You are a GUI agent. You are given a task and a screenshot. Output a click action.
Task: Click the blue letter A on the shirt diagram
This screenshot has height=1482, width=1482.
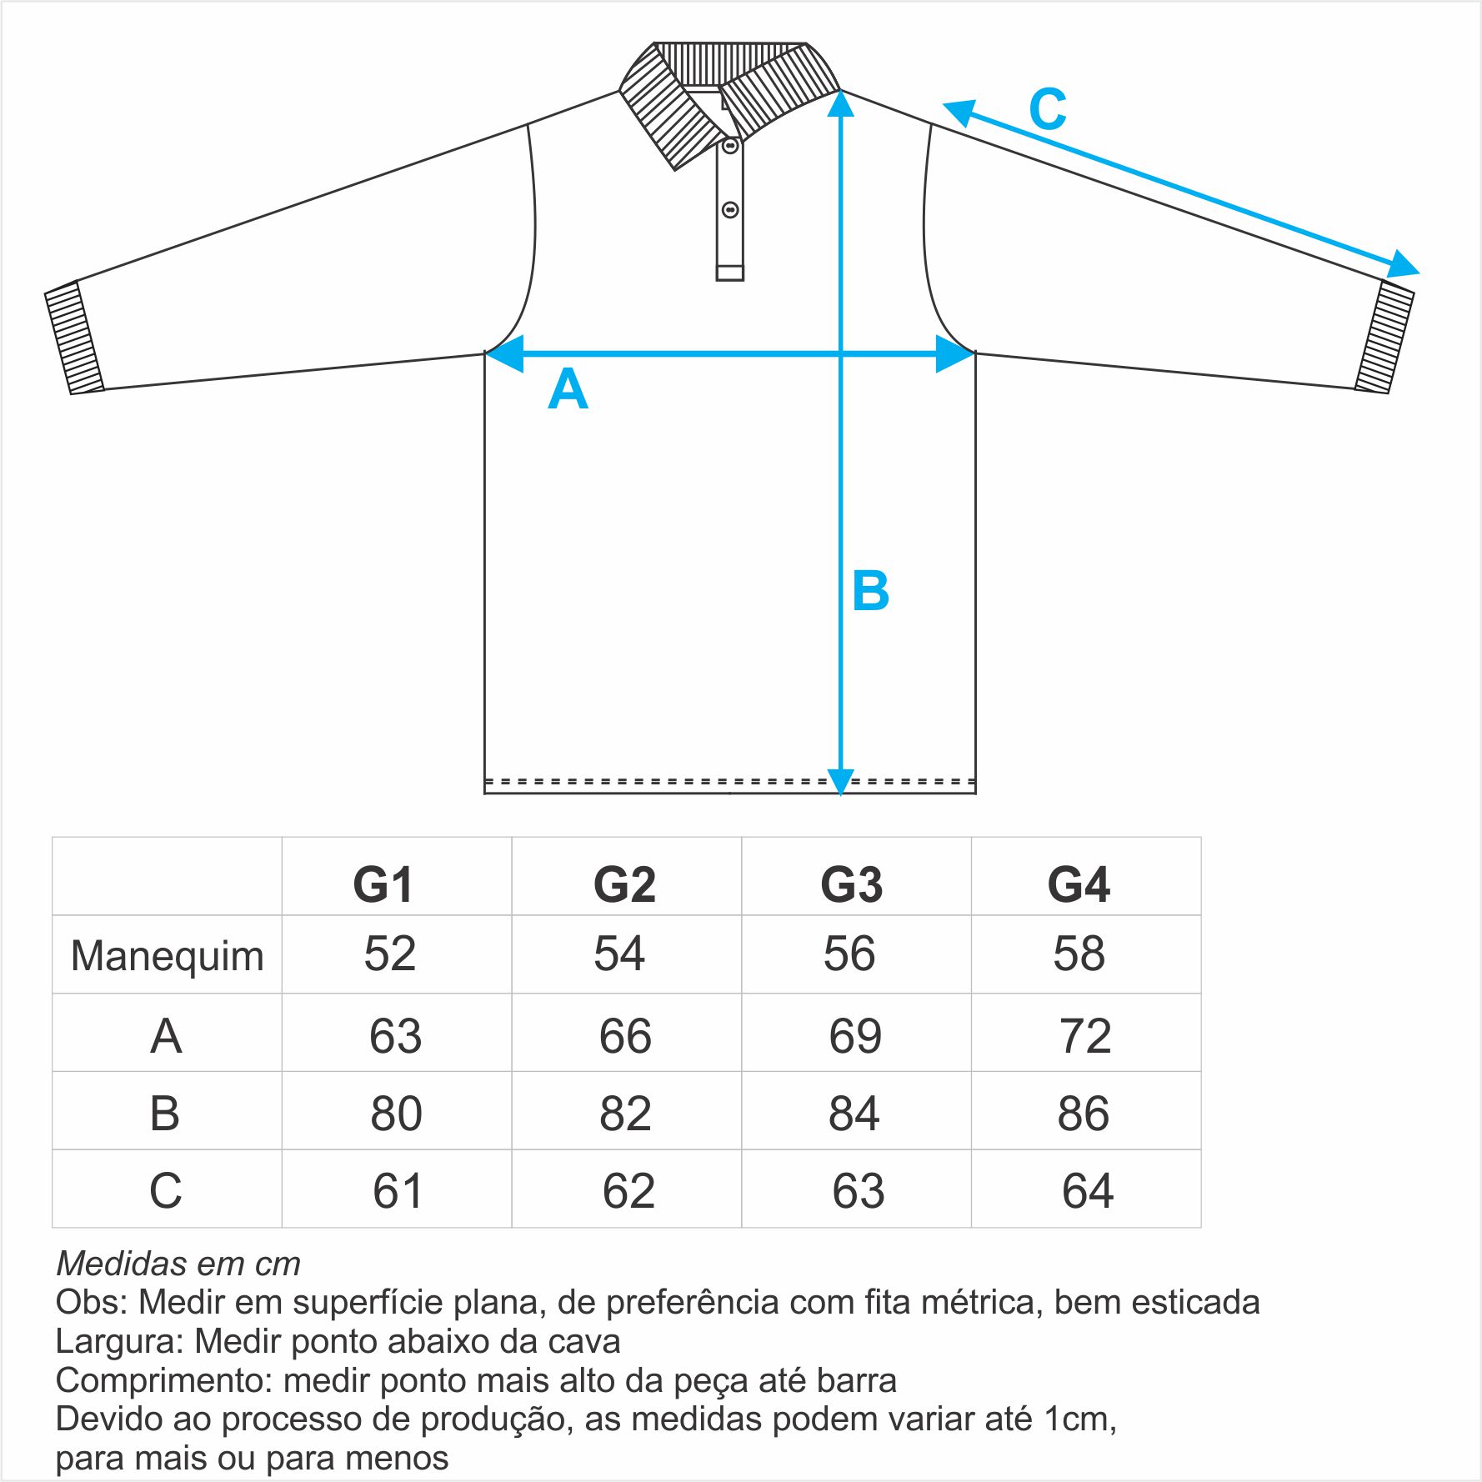(x=568, y=388)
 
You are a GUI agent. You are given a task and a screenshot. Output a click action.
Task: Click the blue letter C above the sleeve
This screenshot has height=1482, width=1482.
(x=1048, y=109)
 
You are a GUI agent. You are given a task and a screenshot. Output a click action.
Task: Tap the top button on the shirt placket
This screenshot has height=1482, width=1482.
(x=730, y=147)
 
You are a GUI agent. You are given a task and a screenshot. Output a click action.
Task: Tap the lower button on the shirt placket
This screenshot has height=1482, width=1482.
(x=730, y=209)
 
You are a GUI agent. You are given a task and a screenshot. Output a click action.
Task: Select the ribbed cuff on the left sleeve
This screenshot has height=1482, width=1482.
(x=73, y=338)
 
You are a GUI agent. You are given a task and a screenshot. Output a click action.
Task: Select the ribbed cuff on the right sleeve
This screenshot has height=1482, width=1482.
(x=1384, y=337)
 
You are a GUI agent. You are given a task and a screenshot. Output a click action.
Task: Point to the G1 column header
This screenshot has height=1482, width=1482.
(x=383, y=884)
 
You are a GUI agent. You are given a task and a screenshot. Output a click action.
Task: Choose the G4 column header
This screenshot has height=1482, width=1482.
(x=1079, y=884)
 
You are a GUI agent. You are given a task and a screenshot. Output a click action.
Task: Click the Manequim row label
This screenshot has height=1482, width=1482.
(x=167, y=956)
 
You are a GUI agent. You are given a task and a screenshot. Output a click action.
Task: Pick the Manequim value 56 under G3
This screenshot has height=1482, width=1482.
(x=849, y=954)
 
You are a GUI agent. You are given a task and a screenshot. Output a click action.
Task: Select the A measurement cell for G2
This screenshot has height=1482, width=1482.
(x=625, y=1036)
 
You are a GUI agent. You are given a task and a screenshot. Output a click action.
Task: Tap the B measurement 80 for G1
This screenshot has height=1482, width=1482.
(x=396, y=1114)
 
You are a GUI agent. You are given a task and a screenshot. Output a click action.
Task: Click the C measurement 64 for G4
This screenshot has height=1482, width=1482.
(x=1088, y=1191)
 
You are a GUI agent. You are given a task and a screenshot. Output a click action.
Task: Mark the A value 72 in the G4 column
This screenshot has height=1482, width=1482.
(x=1085, y=1036)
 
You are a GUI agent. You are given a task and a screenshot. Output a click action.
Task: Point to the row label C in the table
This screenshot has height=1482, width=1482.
(x=165, y=1191)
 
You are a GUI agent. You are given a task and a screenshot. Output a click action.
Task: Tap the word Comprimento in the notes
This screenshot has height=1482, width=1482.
(x=164, y=1381)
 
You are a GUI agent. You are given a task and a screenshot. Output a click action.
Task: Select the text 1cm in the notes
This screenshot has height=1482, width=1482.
(x=1080, y=1419)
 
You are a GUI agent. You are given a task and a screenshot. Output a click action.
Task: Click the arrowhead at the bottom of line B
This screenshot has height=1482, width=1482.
(x=840, y=781)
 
